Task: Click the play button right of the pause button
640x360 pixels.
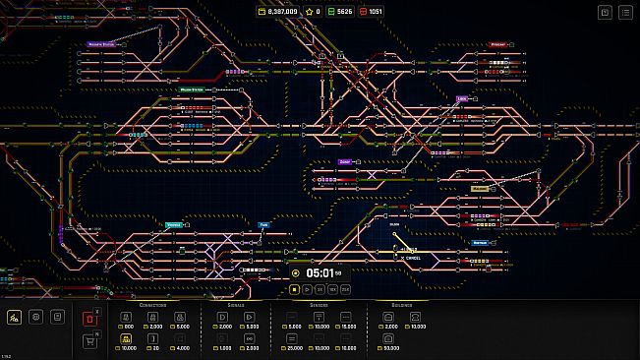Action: (x=307, y=289)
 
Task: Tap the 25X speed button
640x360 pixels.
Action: (x=345, y=289)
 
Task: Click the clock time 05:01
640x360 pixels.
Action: (x=320, y=272)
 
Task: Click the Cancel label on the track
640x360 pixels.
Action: (x=413, y=258)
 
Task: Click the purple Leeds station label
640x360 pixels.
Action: (x=461, y=97)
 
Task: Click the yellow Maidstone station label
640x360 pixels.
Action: (x=479, y=189)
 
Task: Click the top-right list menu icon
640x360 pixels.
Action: (x=626, y=12)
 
